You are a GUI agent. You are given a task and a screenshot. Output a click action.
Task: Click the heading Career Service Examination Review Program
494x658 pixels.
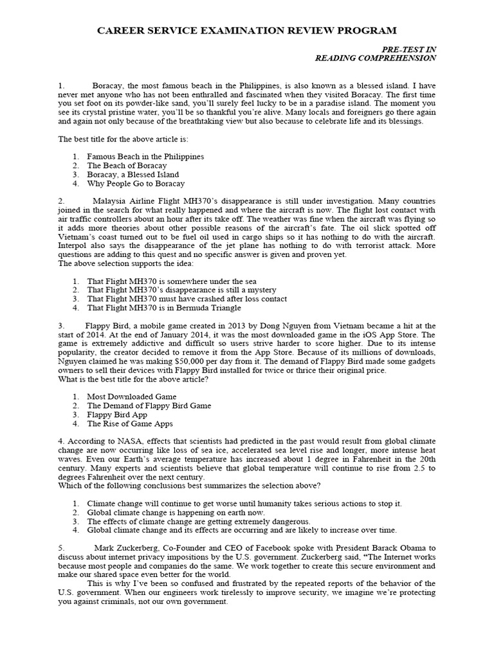click(246, 30)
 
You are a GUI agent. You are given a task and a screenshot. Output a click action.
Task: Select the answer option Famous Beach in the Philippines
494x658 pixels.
click(145, 156)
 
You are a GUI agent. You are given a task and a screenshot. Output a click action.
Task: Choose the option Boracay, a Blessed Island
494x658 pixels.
click(133, 174)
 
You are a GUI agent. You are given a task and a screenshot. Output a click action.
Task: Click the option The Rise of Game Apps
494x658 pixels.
click(130, 423)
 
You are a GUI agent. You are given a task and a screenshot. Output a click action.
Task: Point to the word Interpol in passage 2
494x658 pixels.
click(74, 245)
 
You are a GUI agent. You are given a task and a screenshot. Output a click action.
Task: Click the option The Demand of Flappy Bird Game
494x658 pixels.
click(149, 405)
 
